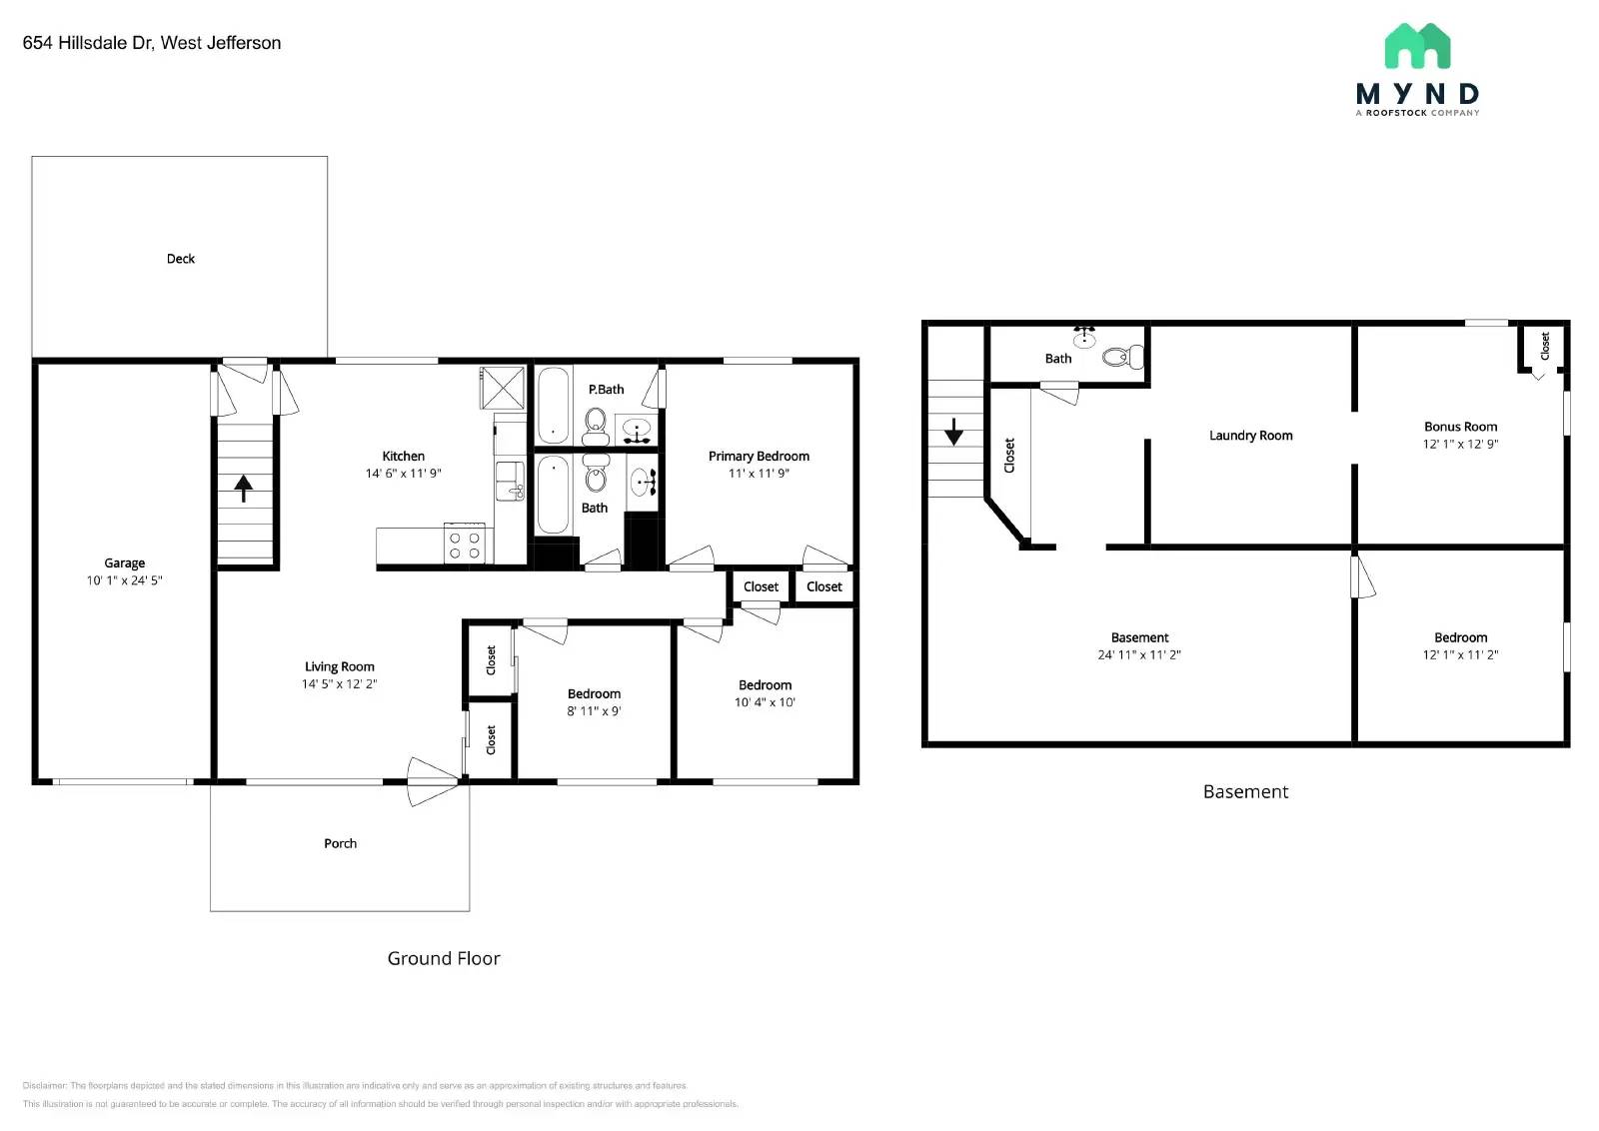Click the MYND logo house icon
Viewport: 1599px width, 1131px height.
tap(1417, 46)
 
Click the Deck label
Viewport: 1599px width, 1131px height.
tap(181, 259)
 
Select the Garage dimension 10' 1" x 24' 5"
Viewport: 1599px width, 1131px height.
tap(124, 580)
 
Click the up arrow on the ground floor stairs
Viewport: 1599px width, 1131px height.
tap(243, 488)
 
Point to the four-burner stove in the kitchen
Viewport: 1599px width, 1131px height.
tap(465, 545)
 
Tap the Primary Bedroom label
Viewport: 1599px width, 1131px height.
tap(759, 457)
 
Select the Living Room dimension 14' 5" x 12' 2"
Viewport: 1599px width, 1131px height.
tap(339, 684)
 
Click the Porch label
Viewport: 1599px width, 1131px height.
tap(340, 843)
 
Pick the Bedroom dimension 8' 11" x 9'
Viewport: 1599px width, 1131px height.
tap(594, 711)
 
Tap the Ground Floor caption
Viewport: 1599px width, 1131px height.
tap(444, 958)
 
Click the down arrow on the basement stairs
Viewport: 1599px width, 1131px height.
tap(953, 432)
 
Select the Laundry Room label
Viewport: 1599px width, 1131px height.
tap(1250, 436)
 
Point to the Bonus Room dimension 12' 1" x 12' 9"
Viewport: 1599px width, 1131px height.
tap(1460, 444)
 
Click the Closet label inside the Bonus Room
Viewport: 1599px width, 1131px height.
tap(1544, 347)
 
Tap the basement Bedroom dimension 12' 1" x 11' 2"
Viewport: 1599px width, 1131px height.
tap(1460, 655)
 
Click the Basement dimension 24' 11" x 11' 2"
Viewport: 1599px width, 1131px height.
tap(1139, 655)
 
